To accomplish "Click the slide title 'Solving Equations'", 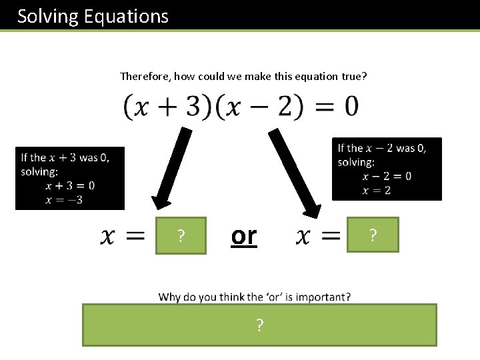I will click(x=93, y=16).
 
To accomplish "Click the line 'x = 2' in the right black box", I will click(x=377, y=190).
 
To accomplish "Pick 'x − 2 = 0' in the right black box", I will click(x=387, y=176).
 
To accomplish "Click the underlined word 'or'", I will click(x=243, y=235).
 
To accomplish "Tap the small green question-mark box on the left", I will click(x=181, y=235).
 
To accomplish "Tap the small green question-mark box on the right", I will click(x=373, y=235).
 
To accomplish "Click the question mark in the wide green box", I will click(x=259, y=325).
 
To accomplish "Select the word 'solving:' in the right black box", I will click(x=357, y=162).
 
